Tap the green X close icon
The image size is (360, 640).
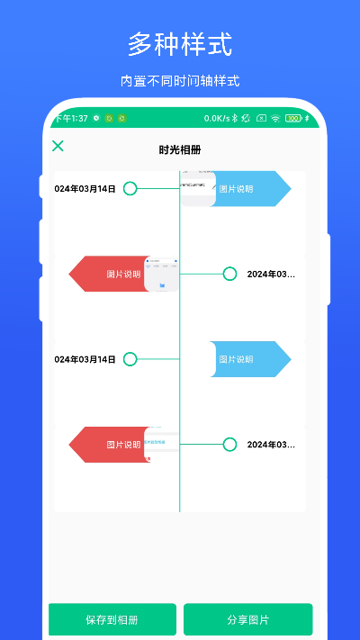point(58,146)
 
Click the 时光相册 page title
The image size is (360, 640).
point(180,150)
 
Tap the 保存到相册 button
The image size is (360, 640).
point(112,620)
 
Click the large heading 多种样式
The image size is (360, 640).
point(180,43)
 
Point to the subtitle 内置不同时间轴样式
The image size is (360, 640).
point(180,81)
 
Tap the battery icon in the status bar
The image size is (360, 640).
point(292,118)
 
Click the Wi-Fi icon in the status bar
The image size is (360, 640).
point(275,118)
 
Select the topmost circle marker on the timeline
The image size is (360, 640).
point(130,188)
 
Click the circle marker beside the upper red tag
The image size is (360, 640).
point(229,274)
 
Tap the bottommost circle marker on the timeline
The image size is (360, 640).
point(229,444)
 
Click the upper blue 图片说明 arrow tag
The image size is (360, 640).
point(252,189)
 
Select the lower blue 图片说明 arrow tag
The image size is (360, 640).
point(252,359)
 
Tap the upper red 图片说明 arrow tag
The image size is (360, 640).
point(108,274)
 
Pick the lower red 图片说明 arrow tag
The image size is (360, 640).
point(108,444)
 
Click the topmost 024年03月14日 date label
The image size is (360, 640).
point(85,189)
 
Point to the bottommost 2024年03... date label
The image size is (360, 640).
point(271,445)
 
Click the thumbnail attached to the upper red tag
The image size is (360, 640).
point(162,274)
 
